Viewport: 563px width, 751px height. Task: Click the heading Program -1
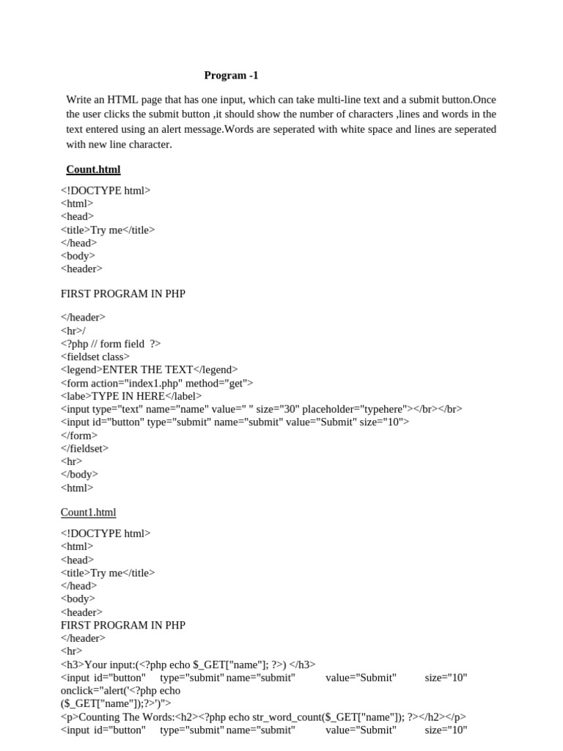coord(231,76)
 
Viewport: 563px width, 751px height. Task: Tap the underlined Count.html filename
coord(93,169)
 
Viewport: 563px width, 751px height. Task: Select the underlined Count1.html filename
coord(88,513)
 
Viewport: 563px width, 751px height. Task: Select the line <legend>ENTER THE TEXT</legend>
coord(149,370)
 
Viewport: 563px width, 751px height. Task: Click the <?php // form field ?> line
coord(111,343)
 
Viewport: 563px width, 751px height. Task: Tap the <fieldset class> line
coord(95,356)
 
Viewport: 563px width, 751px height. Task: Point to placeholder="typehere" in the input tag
coord(358,409)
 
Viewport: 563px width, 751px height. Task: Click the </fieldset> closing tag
coord(84,448)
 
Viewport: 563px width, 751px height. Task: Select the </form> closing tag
coord(78,435)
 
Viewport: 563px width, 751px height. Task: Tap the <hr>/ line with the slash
coord(73,330)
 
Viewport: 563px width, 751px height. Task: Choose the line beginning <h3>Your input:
coord(188,664)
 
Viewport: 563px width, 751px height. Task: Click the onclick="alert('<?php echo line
coord(120,691)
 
